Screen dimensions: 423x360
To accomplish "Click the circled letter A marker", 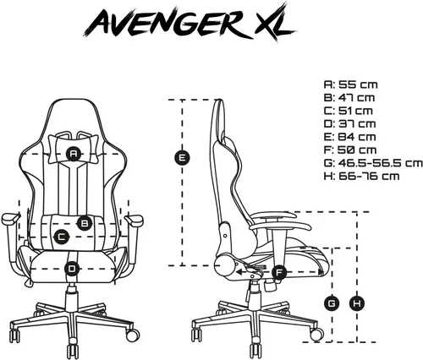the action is pos(74,154).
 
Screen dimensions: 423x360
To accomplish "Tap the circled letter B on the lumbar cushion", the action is pos(85,223).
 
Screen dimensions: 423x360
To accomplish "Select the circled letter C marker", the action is pos(61,237).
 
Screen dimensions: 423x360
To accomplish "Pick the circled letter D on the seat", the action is pos(72,269).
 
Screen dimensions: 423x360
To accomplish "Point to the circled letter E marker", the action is pos(182,157).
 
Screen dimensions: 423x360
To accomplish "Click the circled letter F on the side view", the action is pos(279,272).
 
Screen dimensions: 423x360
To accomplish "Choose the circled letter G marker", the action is pos(332,303).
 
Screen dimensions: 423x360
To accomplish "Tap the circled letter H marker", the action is pos(357,303).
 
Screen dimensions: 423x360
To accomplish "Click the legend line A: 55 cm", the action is pos(350,85).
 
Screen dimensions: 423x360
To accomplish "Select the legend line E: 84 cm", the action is pos(349,137).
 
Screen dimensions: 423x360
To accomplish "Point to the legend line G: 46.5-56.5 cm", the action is pos(373,163).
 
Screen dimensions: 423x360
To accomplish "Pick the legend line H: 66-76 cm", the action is pos(361,177).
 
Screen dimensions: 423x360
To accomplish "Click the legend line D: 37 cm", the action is pos(349,123).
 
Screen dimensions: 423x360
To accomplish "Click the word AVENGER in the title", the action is pos(167,23).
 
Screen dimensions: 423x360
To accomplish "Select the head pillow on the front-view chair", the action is pos(74,149).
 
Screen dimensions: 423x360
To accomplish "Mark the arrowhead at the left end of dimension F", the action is pos(239,272).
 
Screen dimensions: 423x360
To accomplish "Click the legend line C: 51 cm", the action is pos(348,111).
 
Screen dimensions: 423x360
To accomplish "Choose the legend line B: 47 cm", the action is pos(349,97).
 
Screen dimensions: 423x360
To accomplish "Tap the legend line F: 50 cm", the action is pos(350,150).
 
